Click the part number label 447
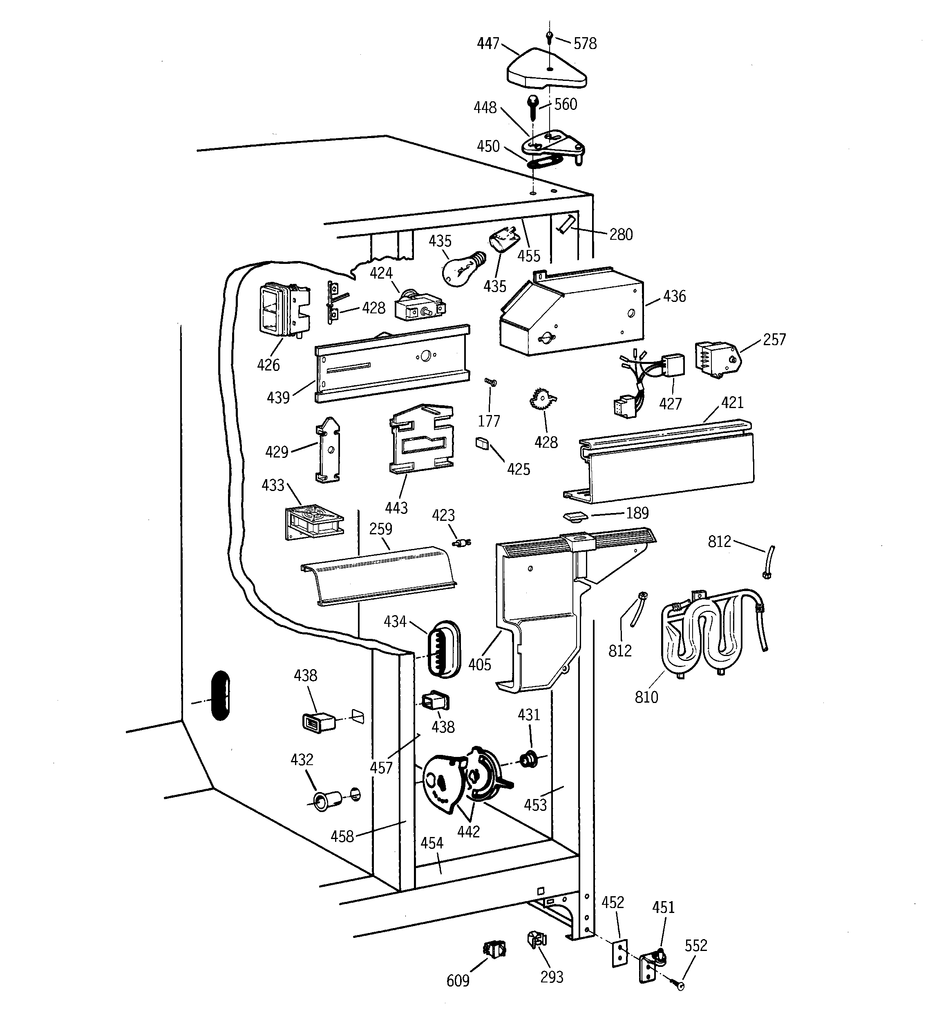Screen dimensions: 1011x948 tap(487, 44)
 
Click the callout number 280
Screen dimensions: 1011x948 tap(621, 234)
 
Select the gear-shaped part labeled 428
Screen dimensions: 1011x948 tap(542, 400)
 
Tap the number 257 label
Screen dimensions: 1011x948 tap(774, 340)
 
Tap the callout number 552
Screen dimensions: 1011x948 tap(695, 945)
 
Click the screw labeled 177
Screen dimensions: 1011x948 tap(491, 382)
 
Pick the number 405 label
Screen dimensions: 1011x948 tap(479, 664)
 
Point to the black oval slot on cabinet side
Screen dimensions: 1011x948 tap(220, 696)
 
